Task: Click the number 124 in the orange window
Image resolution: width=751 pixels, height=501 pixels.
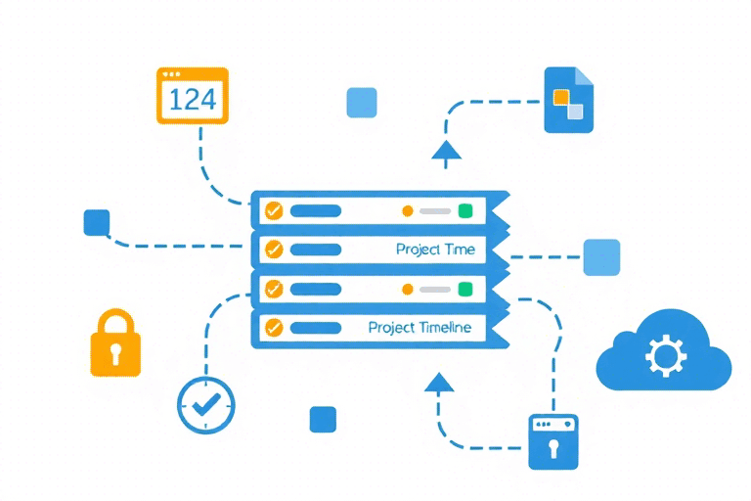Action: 193,99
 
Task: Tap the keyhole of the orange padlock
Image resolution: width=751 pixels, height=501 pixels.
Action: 115,349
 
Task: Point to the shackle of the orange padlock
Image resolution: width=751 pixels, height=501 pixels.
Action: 115,323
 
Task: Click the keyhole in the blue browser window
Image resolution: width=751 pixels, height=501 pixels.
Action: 552,449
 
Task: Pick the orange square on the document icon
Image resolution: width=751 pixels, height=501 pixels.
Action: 561,96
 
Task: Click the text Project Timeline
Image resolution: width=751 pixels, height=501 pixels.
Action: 420,328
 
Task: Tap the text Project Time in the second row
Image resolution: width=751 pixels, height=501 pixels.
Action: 435,250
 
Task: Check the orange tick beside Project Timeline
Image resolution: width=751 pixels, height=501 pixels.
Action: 274,328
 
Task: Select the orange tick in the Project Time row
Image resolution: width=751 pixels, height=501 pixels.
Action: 274,250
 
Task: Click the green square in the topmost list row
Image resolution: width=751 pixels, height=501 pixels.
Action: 465,210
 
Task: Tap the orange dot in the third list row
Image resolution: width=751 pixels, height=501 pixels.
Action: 408,289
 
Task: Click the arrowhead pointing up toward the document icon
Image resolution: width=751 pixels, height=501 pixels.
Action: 445,150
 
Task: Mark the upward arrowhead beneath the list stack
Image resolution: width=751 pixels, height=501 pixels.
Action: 439,382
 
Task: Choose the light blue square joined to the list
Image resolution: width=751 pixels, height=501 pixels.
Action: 601,257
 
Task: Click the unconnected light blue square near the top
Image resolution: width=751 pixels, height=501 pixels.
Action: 362,103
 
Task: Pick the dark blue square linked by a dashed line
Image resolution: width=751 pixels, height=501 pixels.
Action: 97,222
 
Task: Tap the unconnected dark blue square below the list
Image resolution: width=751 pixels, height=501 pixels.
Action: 323,419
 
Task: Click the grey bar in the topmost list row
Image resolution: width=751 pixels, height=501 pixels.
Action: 435,210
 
